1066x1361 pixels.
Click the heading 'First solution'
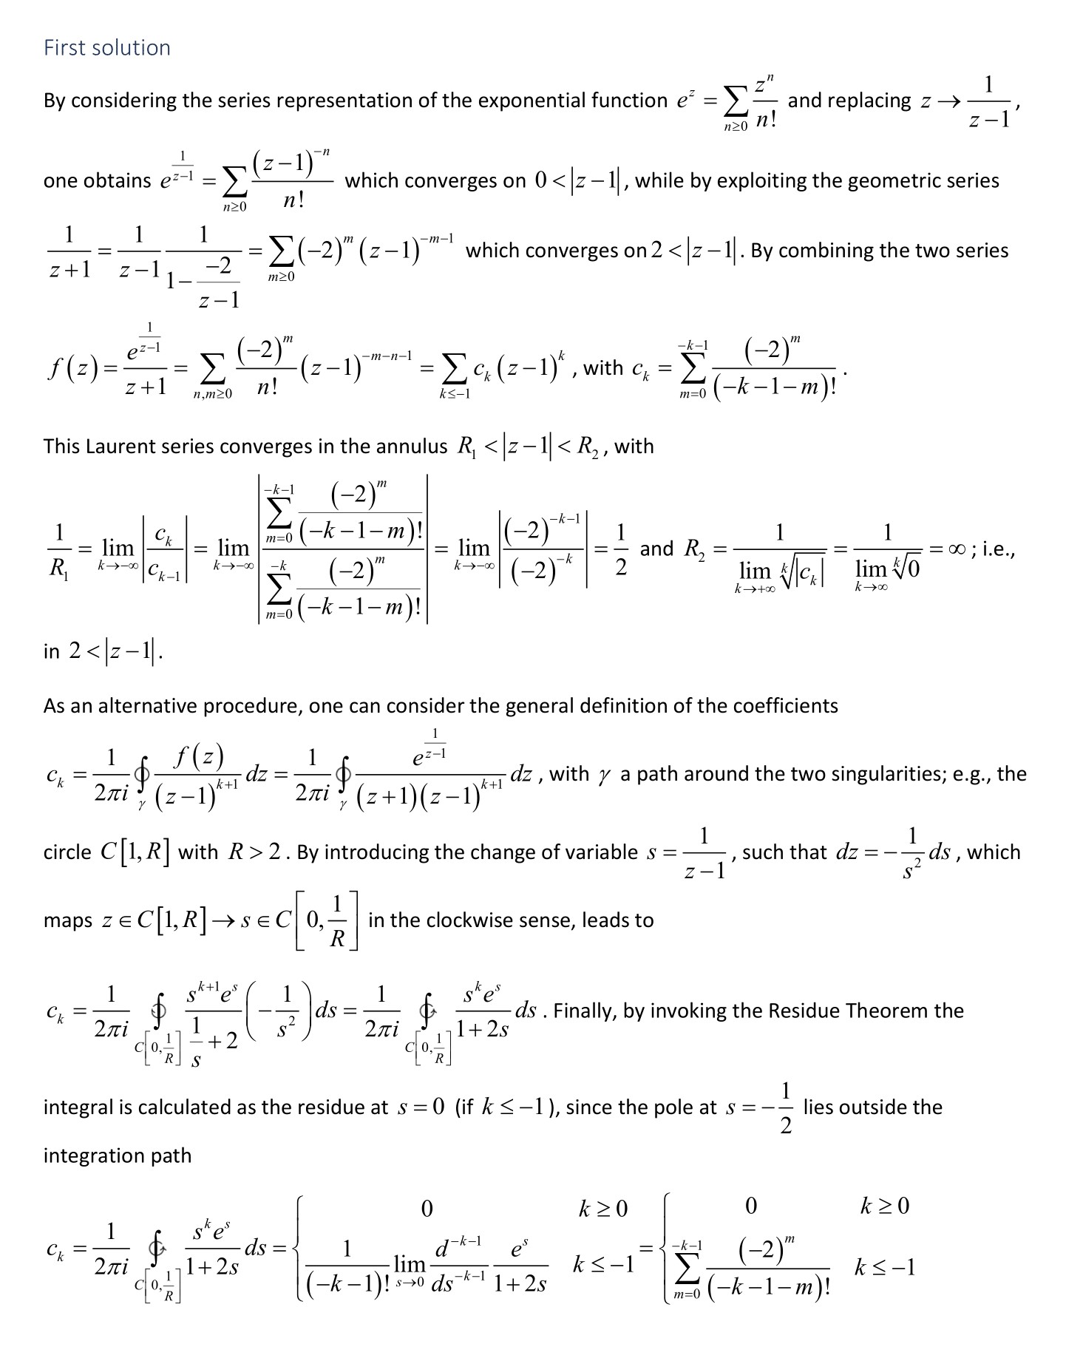(x=107, y=48)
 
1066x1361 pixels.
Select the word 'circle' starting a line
(x=67, y=852)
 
